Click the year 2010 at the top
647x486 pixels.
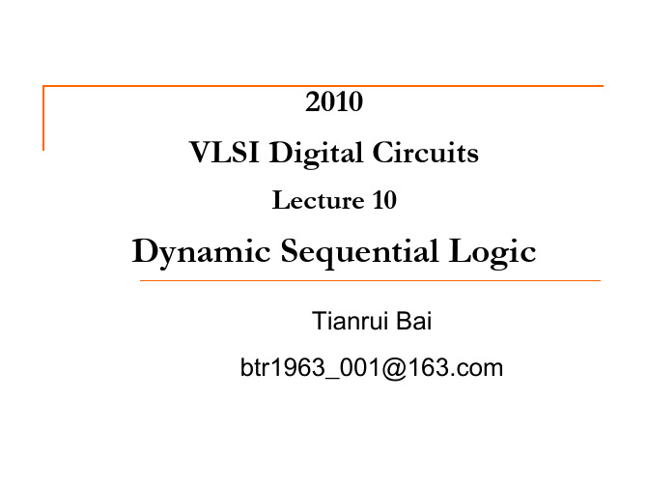pos(334,101)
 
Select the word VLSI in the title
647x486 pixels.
pos(224,152)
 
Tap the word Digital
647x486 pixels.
pos(316,154)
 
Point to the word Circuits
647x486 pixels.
pos(426,152)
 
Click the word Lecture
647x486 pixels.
pos(318,200)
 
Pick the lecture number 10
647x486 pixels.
pos(384,200)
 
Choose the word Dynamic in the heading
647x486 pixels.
pos(202,252)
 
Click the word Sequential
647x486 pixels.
pos(359,252)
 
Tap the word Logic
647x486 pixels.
pos(492,252)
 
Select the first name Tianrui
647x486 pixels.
pos(351,321)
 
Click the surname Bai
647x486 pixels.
pos(414,321)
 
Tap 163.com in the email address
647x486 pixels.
pos(456,367)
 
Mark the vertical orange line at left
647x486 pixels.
pos(43,118)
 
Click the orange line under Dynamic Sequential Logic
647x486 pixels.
pos(370,281)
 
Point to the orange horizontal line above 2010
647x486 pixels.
pos(323,86)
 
